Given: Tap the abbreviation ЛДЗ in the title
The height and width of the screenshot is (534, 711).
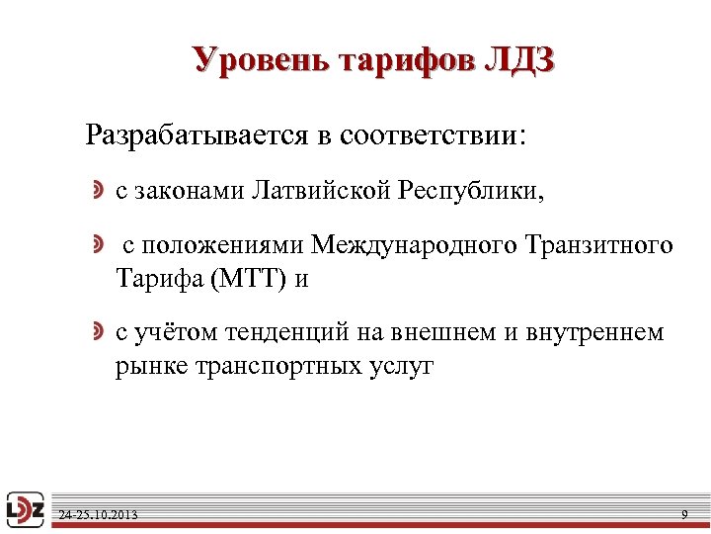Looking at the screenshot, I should click(519, 60).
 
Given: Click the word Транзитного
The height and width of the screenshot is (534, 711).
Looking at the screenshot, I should click(600, 244).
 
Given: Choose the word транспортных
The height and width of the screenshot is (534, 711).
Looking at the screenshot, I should click(262, 367).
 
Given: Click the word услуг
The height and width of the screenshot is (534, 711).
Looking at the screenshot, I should click(401, 367).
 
